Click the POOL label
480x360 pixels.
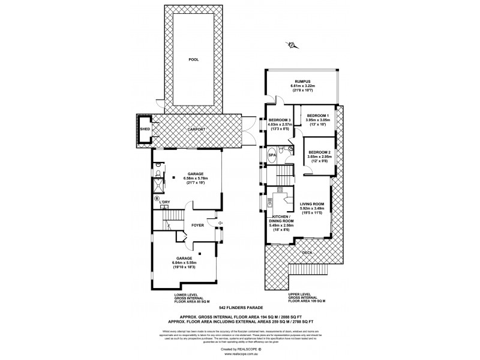tap(193, 60)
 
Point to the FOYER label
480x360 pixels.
tap(198, 226)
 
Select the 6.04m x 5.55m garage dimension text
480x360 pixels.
tap(185, 263)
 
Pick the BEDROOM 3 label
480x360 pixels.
tap(280, 119)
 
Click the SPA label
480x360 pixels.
tap(272, 155)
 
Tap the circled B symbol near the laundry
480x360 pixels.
tap(157, 198)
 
